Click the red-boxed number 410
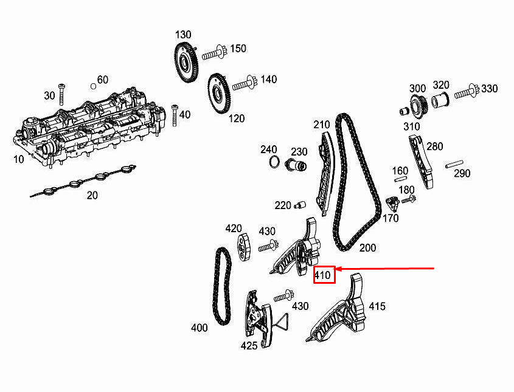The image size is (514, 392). point(324,275)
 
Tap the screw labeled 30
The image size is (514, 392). point(61,92)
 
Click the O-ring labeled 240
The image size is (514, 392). point(274,162)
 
